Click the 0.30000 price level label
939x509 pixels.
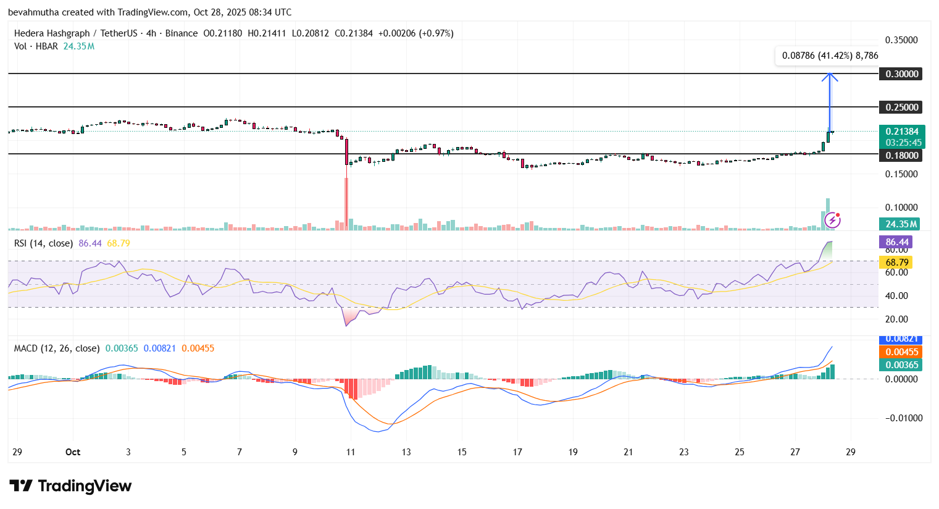coord(901,74)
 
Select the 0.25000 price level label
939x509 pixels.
coord(901,107)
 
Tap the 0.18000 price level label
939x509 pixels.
coord(901,156)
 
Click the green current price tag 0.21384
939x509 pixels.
coord(901,132)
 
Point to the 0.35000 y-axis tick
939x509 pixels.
coord(901,40)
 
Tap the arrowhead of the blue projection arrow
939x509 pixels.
coord(830,77)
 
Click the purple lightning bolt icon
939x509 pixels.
coord(833,220)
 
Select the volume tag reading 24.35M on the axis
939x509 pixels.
coord(901,224)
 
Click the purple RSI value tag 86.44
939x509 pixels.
coord(896,242)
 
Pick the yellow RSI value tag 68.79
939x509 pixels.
coord(896,263)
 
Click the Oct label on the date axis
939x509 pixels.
coord(73,452)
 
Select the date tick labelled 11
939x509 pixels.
coord(350,452)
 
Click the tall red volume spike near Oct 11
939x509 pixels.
coord(346,204)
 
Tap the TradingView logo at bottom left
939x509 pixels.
coord(70,486)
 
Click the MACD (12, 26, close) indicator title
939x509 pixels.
coord(57,348)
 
